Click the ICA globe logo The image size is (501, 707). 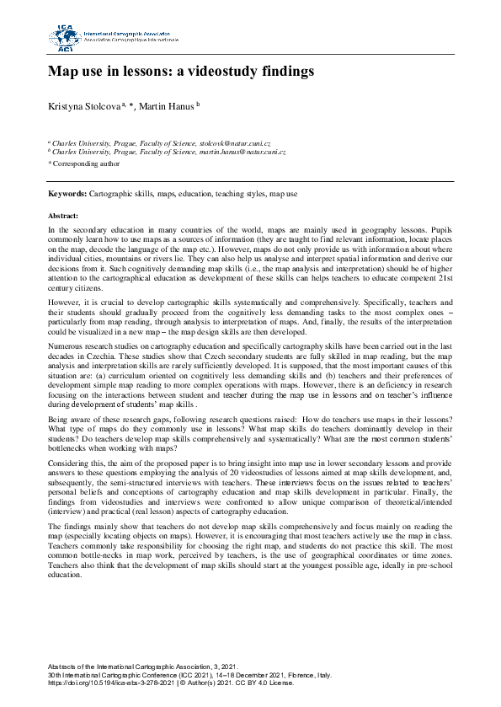coord(64,37)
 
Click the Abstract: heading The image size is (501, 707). coord(63,216)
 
